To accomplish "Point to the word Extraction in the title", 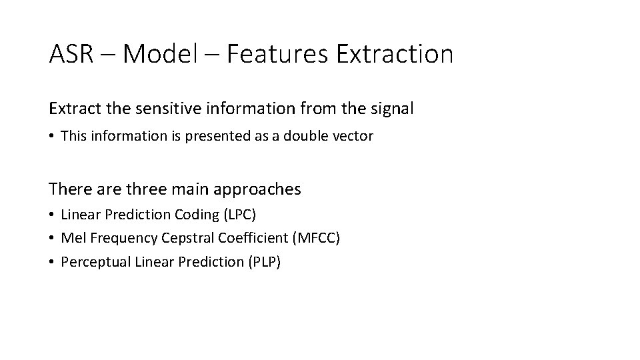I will pyautogui.click(x=395, y=53).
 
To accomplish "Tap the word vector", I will pyautogui.click(x=353, y=136).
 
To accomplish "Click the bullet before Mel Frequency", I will pyautogui.click(x=51, y=238).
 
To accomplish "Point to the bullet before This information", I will pyautogui.click(x=51, y=136).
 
